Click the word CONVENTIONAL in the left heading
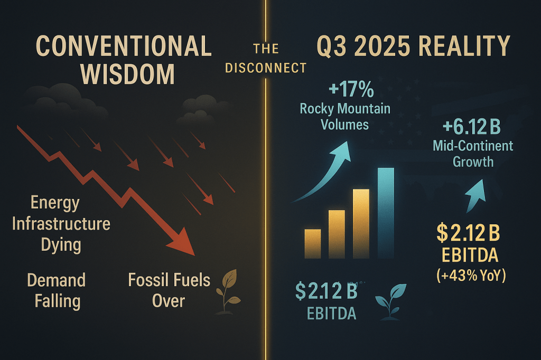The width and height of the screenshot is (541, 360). (x=124, y=46)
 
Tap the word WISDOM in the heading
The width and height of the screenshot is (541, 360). (x=128, y=74)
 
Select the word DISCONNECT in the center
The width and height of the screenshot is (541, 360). (x=266, y=68)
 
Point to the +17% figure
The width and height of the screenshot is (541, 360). (x=351, y=89)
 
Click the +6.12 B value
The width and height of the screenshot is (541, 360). (x=472, y=127)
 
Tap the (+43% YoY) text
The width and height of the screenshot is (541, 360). (x=471, y=276)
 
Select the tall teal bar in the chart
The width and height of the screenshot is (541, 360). (x=386, y=213)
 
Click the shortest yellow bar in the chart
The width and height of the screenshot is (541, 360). (x=313, y=244)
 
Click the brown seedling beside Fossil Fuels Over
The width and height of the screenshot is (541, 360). (x=227, y=291)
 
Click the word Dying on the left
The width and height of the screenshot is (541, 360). (x=61, y=245)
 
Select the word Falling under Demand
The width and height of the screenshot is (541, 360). (x=58, y=301)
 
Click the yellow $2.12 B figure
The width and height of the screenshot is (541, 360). (x=468, y=233)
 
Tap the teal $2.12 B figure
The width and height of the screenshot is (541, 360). (x=327, y=291)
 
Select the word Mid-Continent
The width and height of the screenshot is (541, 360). (x=473, y=146)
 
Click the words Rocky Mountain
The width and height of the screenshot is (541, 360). (x=345, y=109)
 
